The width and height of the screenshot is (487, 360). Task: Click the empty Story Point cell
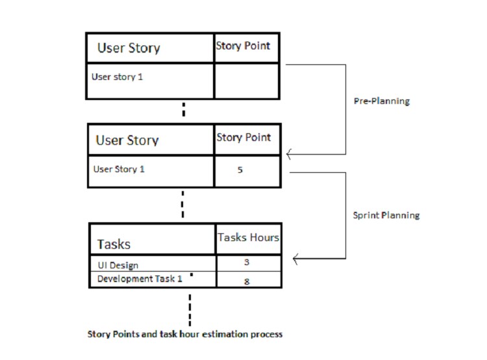click(247, 81)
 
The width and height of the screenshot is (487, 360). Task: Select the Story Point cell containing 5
click(247, 171)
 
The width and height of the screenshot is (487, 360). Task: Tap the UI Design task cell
click(152, 264)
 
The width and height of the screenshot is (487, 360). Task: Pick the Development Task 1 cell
click(152, 279)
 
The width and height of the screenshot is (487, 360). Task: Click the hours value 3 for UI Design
click(247, 263)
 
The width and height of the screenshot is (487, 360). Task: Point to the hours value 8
click(247, 281)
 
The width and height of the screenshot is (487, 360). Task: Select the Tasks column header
click(152, 240)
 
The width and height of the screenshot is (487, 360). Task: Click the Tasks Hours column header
click(248, 238)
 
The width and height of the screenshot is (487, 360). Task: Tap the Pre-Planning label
click(382, 102)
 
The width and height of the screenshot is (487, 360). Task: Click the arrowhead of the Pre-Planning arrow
click(289, 154)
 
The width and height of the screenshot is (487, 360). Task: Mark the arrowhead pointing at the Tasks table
click(297, 259)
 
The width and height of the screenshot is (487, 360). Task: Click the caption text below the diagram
click(185, 335)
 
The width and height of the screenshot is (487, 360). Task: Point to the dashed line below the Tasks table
click(190, 309)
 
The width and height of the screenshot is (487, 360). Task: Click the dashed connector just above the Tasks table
click(182, 204)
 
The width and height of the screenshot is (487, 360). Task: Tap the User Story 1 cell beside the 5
click(151, 170)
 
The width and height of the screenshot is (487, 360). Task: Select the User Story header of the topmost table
click(150, 48)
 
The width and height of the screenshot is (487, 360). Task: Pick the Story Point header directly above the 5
click(243, 138)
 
